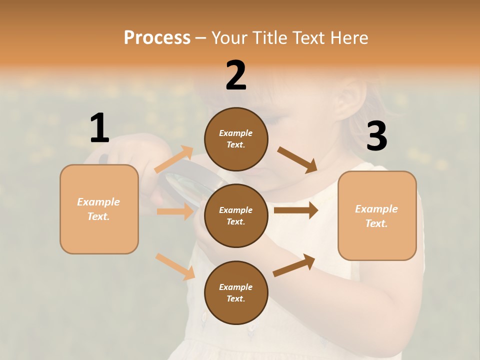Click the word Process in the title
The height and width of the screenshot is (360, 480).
157,37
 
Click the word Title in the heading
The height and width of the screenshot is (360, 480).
269,37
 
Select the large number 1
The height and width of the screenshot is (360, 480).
99,128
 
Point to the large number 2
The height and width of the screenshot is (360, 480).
236,75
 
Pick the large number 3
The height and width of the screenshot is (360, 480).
376,136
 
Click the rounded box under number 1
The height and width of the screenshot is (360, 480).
99,209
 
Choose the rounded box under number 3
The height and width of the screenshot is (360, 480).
377,216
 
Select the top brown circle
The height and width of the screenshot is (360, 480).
236,139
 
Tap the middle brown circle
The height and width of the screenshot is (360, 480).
236,215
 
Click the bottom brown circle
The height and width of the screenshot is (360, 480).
236,292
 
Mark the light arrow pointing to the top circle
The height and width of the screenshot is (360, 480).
174,159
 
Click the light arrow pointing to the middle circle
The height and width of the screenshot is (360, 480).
175,211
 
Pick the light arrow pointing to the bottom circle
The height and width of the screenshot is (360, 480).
175,266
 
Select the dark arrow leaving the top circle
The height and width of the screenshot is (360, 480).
297,159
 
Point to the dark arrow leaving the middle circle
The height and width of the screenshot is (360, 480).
296,210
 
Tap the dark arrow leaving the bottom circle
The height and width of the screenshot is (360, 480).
294,265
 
